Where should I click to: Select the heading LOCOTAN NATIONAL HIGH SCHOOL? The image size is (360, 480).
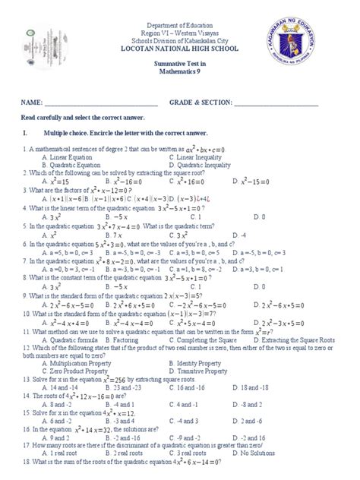tap(179, 47)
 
